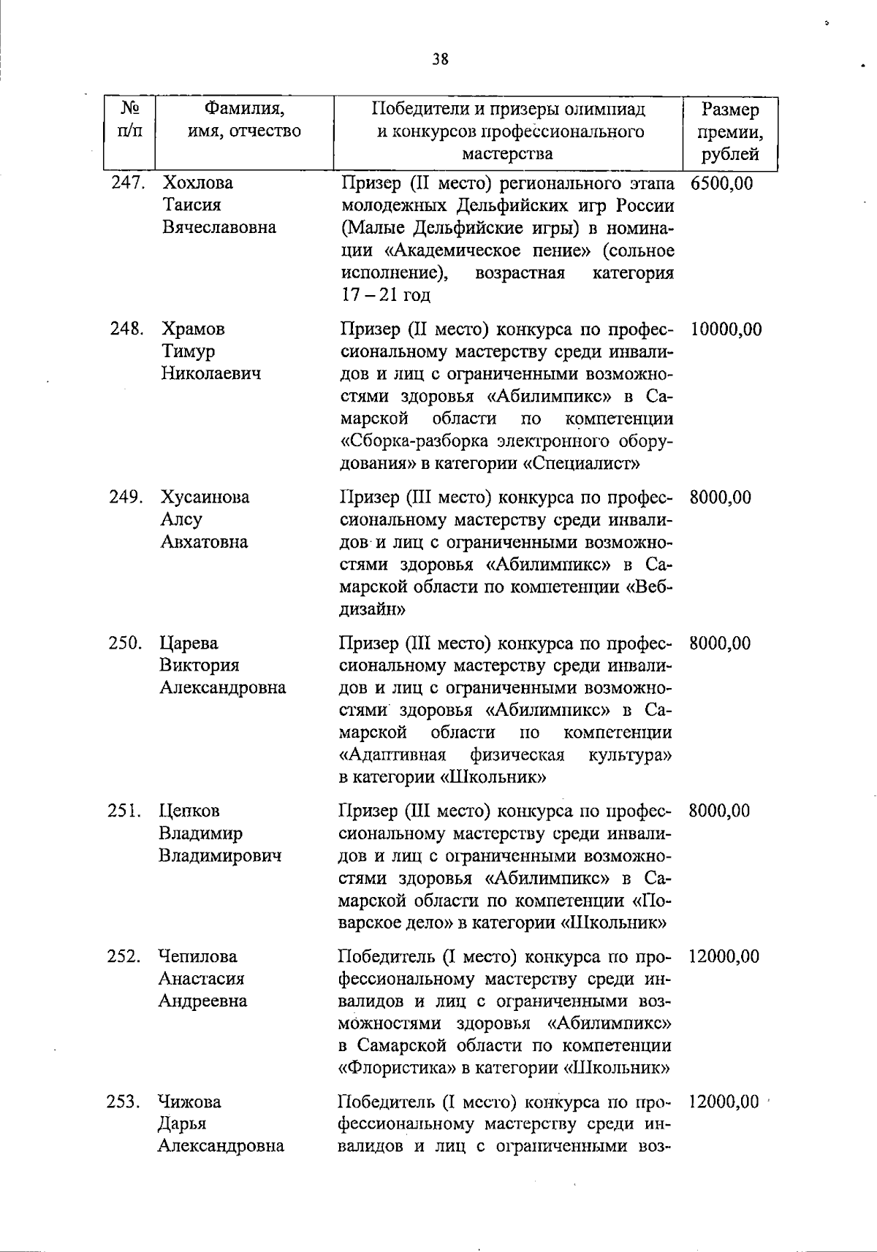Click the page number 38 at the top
click(439, 60)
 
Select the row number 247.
click(126, 183)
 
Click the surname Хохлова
click(198, 183)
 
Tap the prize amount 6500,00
click(721, 183)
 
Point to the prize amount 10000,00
click(725, 329)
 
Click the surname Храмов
click(194, 329)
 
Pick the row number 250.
click(125, 644)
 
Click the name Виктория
click(200, 665)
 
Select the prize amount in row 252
click(724, 956)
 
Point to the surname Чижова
click(190, 1102)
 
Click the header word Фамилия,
click(244, 110)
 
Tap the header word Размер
click(729, 110)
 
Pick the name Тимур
click(189, 351)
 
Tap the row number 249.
click(125, 497)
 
